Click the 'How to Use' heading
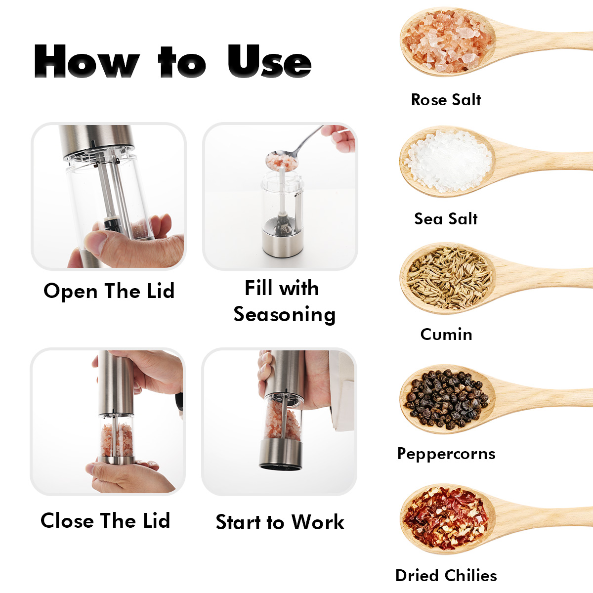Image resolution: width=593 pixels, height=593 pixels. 172,61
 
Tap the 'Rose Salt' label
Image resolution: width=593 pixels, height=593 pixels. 446,100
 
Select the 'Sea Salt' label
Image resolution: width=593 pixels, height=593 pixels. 446,219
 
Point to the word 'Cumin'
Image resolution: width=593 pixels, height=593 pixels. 446,334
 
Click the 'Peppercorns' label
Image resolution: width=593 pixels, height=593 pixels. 446,454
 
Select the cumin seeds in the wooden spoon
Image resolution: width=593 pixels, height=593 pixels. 449,278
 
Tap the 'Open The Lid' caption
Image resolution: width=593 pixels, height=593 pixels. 109,292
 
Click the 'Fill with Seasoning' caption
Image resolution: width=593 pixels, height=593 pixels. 284,301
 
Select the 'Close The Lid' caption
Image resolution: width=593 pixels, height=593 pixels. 105,521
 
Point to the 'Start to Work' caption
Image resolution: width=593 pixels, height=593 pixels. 280,522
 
